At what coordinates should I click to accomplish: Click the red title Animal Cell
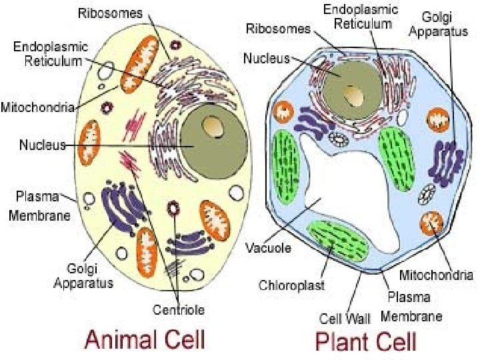(x=145, y=339)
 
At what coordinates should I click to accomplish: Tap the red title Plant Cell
(x=366, y=341)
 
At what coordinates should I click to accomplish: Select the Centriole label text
(x=179, y=310)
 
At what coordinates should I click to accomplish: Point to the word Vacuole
(x=269, y=247)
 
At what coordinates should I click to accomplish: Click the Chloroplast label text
(x=291, y=285)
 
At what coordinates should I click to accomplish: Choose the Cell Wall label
(x=345, y=319)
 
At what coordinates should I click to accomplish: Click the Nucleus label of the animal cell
(x=43, y=145)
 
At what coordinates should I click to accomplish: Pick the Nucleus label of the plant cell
(x=266, y=58)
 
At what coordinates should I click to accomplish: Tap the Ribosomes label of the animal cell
(x=110, y=13)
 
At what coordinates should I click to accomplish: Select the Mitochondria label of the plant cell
(x=436, y=275)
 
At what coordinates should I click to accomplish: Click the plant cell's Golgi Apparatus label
(x=438, y=24)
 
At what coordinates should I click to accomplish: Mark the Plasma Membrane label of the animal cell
(x=39, y=206)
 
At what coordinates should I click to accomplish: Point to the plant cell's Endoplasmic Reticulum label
(x=361, y=17)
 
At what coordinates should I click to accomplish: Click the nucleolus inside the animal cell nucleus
(x=213, y=127)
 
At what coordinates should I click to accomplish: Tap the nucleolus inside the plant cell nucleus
(x=353, y=95)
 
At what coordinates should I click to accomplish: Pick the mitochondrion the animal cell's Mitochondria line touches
(x=139, y=64)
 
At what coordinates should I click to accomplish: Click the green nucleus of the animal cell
(x=214, y=142)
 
